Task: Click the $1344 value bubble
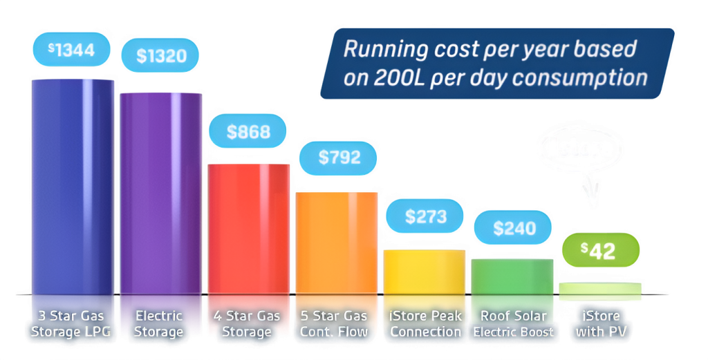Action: [x=72, y=50]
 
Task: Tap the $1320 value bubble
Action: [x=160, y=56]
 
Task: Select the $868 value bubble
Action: [x=247, y=131]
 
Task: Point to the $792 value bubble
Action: [x=339, y=158]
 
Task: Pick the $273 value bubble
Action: [x=425, y=216]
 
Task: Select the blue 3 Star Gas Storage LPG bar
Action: [x=73, y=187]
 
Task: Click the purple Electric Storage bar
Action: [x=160, y=193]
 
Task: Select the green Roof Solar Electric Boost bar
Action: [x=512, y=276]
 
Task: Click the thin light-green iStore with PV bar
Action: [x=600, y=290]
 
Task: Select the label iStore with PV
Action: [x=600, y=323]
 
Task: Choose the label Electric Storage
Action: [x=160, y=323]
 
